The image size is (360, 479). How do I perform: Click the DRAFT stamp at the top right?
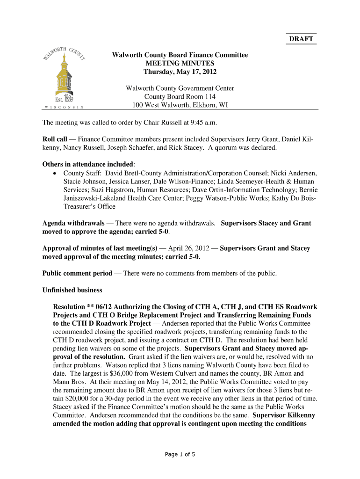coord(300,39)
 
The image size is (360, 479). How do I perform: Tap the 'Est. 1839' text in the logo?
coord(63,99)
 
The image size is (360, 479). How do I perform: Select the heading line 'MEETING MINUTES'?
coord(180,64)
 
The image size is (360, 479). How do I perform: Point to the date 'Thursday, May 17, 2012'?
coord(180,72)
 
